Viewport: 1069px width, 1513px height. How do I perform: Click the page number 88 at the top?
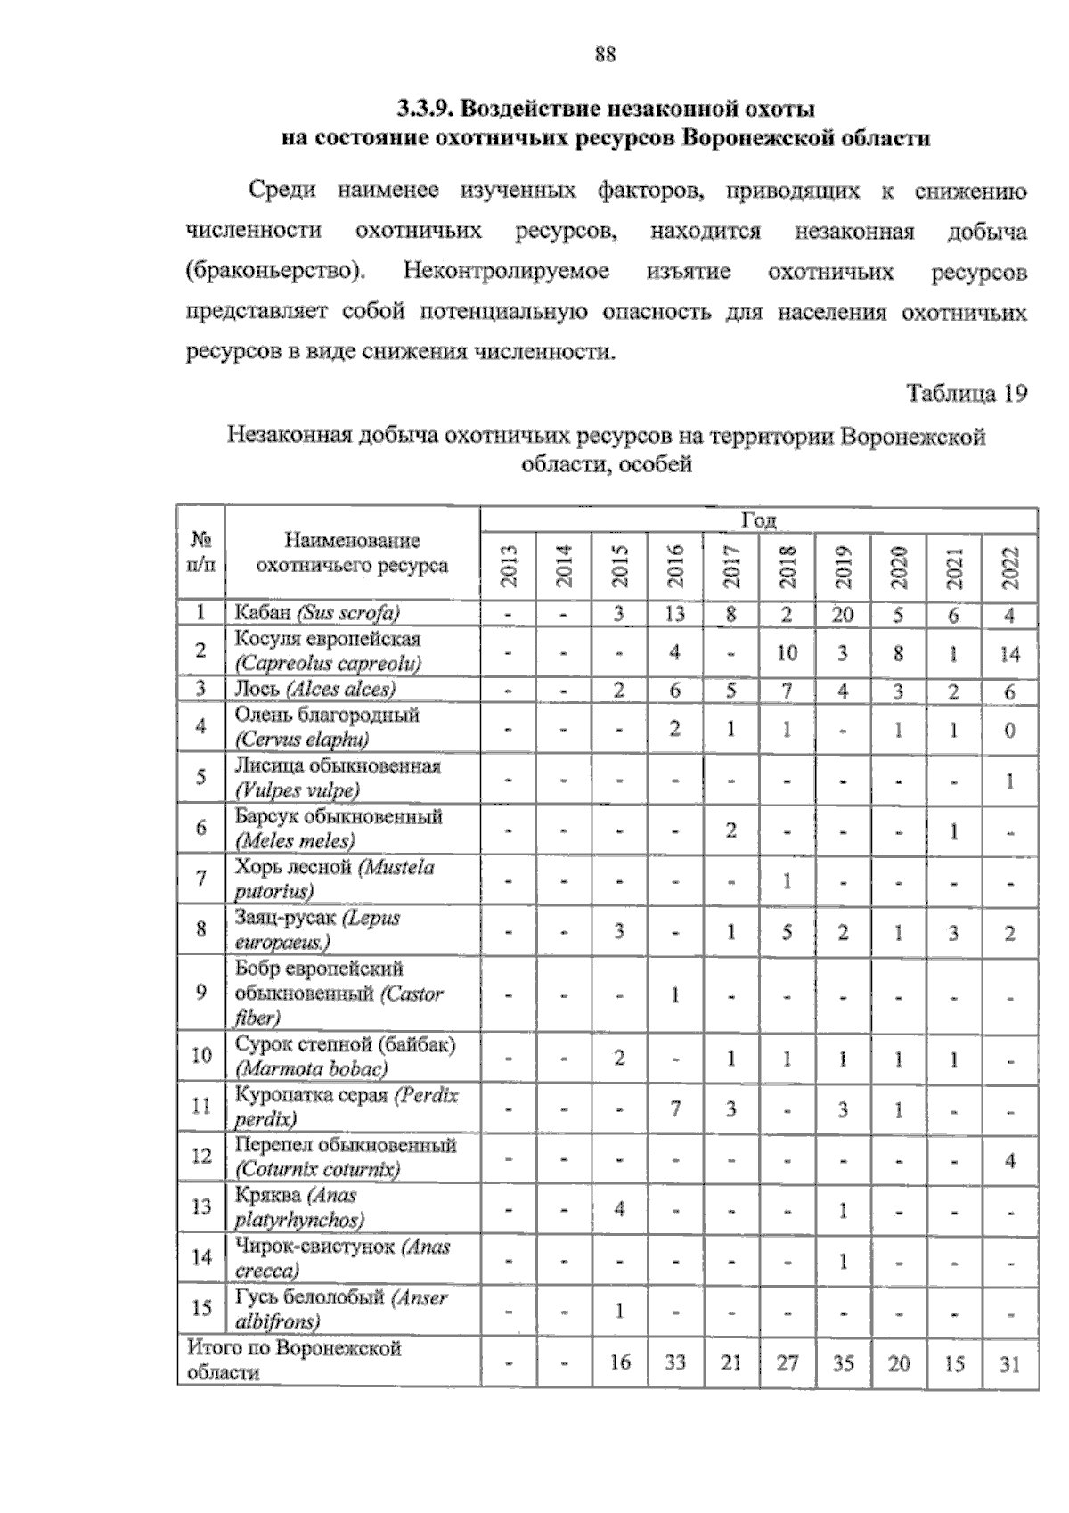point(605,54)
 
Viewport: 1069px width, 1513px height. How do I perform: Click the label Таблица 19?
point(967,393)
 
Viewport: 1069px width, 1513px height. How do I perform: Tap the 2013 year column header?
point(509,566)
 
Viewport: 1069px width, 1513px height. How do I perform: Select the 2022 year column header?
point(1009,566)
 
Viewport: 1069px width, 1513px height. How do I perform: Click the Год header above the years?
point(758,520)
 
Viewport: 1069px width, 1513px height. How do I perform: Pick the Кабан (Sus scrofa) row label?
point(317,613)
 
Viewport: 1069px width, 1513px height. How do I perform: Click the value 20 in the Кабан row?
point(843,614)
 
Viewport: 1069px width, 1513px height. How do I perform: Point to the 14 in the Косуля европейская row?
point(1009,653)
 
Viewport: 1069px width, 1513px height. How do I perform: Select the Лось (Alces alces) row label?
point(314,690)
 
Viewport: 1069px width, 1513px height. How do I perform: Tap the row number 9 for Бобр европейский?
point(200,993)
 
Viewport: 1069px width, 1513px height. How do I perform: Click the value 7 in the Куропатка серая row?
point(675,1109)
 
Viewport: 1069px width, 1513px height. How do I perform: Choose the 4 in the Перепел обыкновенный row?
point(1009,1160)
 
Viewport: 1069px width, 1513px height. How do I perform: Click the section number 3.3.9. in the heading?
point(427,110)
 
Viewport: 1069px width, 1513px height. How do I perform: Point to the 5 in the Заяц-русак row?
point(787,933)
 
